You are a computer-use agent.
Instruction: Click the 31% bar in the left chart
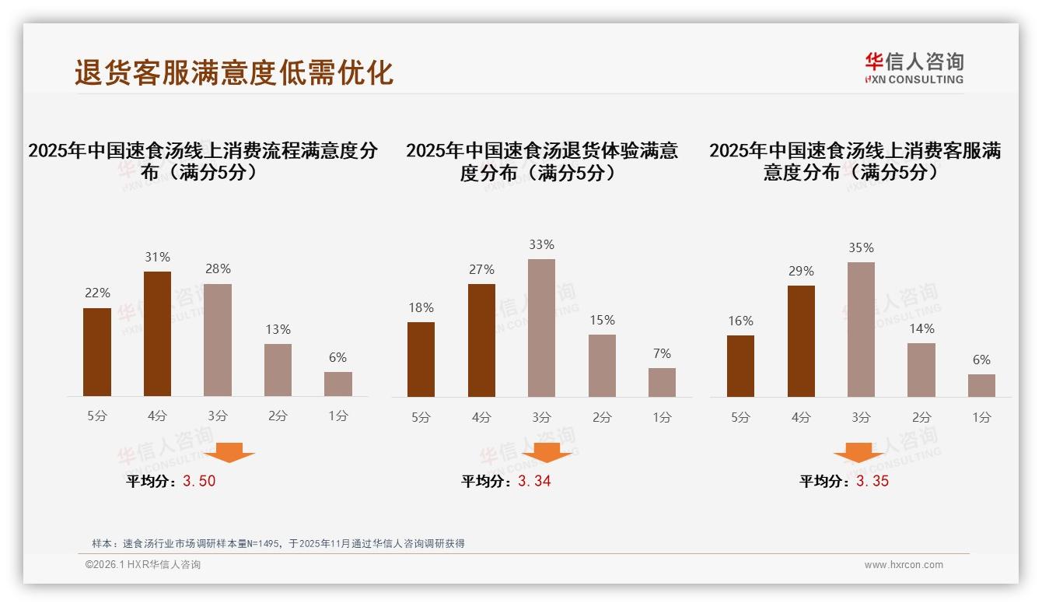click(157, 334)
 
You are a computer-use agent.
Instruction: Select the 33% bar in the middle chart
click(541, 328)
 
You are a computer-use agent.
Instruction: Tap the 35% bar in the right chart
click(861, 329)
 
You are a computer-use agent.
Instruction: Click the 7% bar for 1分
click(662, 382)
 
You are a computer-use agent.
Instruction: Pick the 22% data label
click(97, 293)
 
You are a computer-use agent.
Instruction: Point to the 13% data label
click(278, 329)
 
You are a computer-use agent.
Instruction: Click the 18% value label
click(421, 307)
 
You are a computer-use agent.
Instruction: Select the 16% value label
click(740, 321)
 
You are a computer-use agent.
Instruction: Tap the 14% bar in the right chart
click(921, 370)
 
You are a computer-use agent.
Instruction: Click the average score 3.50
click(199, 481)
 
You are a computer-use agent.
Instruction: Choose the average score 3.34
click(534, 481)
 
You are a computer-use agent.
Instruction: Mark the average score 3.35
click(872, 481)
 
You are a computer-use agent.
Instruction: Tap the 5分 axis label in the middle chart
click(421, 417)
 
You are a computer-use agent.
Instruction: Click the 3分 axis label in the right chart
click(861, 417)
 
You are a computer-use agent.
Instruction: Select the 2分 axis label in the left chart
click(278, 416)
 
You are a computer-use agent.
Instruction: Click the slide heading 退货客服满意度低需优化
click(233, 72)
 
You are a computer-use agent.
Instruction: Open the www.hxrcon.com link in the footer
click(903, 565)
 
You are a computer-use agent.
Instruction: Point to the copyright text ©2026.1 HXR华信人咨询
click(142, 565)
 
